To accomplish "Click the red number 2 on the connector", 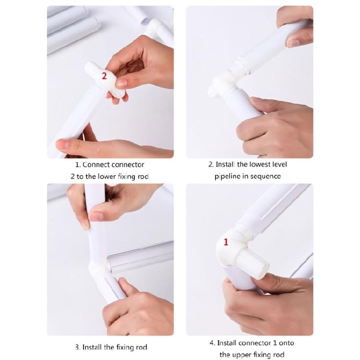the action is [104, 76].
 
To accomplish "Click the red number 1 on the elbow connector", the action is [226, 242].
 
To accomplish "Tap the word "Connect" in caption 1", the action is [94, 165].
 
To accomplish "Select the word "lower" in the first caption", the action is [107, 176].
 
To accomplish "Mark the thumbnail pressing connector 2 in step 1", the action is [121, 83].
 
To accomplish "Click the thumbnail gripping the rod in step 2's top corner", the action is [293, 43].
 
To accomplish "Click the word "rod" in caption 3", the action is [142, 347].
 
